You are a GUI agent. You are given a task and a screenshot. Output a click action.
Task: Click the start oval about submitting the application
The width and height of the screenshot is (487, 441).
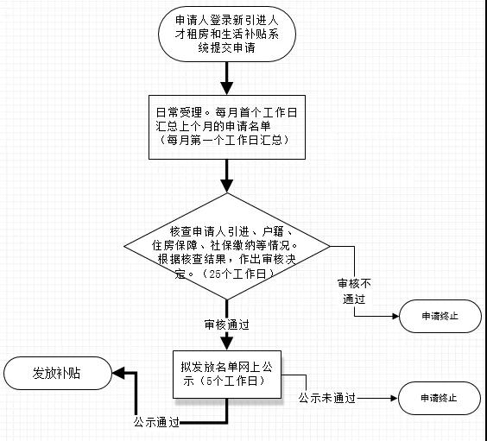(x=227, y=35)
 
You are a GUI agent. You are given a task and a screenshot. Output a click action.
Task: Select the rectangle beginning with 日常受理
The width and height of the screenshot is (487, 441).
(x=227, y=127)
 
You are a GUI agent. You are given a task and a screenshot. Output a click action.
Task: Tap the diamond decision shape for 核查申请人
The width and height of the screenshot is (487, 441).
(x=227, y=247)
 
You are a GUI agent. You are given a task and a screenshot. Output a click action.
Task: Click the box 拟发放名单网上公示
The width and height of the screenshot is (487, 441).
(x=227, y=375)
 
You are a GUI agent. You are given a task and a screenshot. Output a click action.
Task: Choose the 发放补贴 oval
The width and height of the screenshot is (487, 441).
(x=58, y=373)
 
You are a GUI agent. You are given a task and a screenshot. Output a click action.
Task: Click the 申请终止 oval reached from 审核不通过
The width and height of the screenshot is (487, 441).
(x=440, y=316)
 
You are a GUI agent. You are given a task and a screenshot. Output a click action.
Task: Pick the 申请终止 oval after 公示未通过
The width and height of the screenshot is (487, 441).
(x=440, y=398)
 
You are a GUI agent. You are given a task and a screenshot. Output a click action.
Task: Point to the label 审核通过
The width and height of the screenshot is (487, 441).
(x=227, y=324)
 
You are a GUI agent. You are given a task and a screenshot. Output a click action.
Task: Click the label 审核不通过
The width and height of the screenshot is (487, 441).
(x=354, y=291)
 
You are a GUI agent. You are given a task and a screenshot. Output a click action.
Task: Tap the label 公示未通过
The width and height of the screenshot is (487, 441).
(x=327, y=398)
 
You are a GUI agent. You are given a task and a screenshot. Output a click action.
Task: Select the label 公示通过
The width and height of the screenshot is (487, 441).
(x=156, y=422)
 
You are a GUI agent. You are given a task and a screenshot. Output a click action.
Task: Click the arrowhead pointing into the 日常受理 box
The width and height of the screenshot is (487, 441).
(x=227, y=88)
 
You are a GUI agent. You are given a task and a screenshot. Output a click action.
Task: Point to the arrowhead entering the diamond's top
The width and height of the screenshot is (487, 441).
(x=227, y=186)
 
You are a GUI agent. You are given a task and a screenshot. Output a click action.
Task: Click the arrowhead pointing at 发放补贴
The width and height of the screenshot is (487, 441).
(x=118, y=373)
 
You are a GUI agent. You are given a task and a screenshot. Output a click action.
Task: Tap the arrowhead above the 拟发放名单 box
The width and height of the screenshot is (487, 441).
(x=227, y=343)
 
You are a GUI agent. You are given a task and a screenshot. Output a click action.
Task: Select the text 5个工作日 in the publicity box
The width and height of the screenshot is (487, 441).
(x=232, y=381)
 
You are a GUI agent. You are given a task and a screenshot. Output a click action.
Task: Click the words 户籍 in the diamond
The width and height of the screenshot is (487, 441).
(x=272, y=231)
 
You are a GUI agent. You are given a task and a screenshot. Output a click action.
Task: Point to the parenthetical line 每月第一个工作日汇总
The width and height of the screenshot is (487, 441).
(x=225, y=141)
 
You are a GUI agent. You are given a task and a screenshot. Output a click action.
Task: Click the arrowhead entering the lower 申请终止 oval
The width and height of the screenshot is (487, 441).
(x=394, y=398)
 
